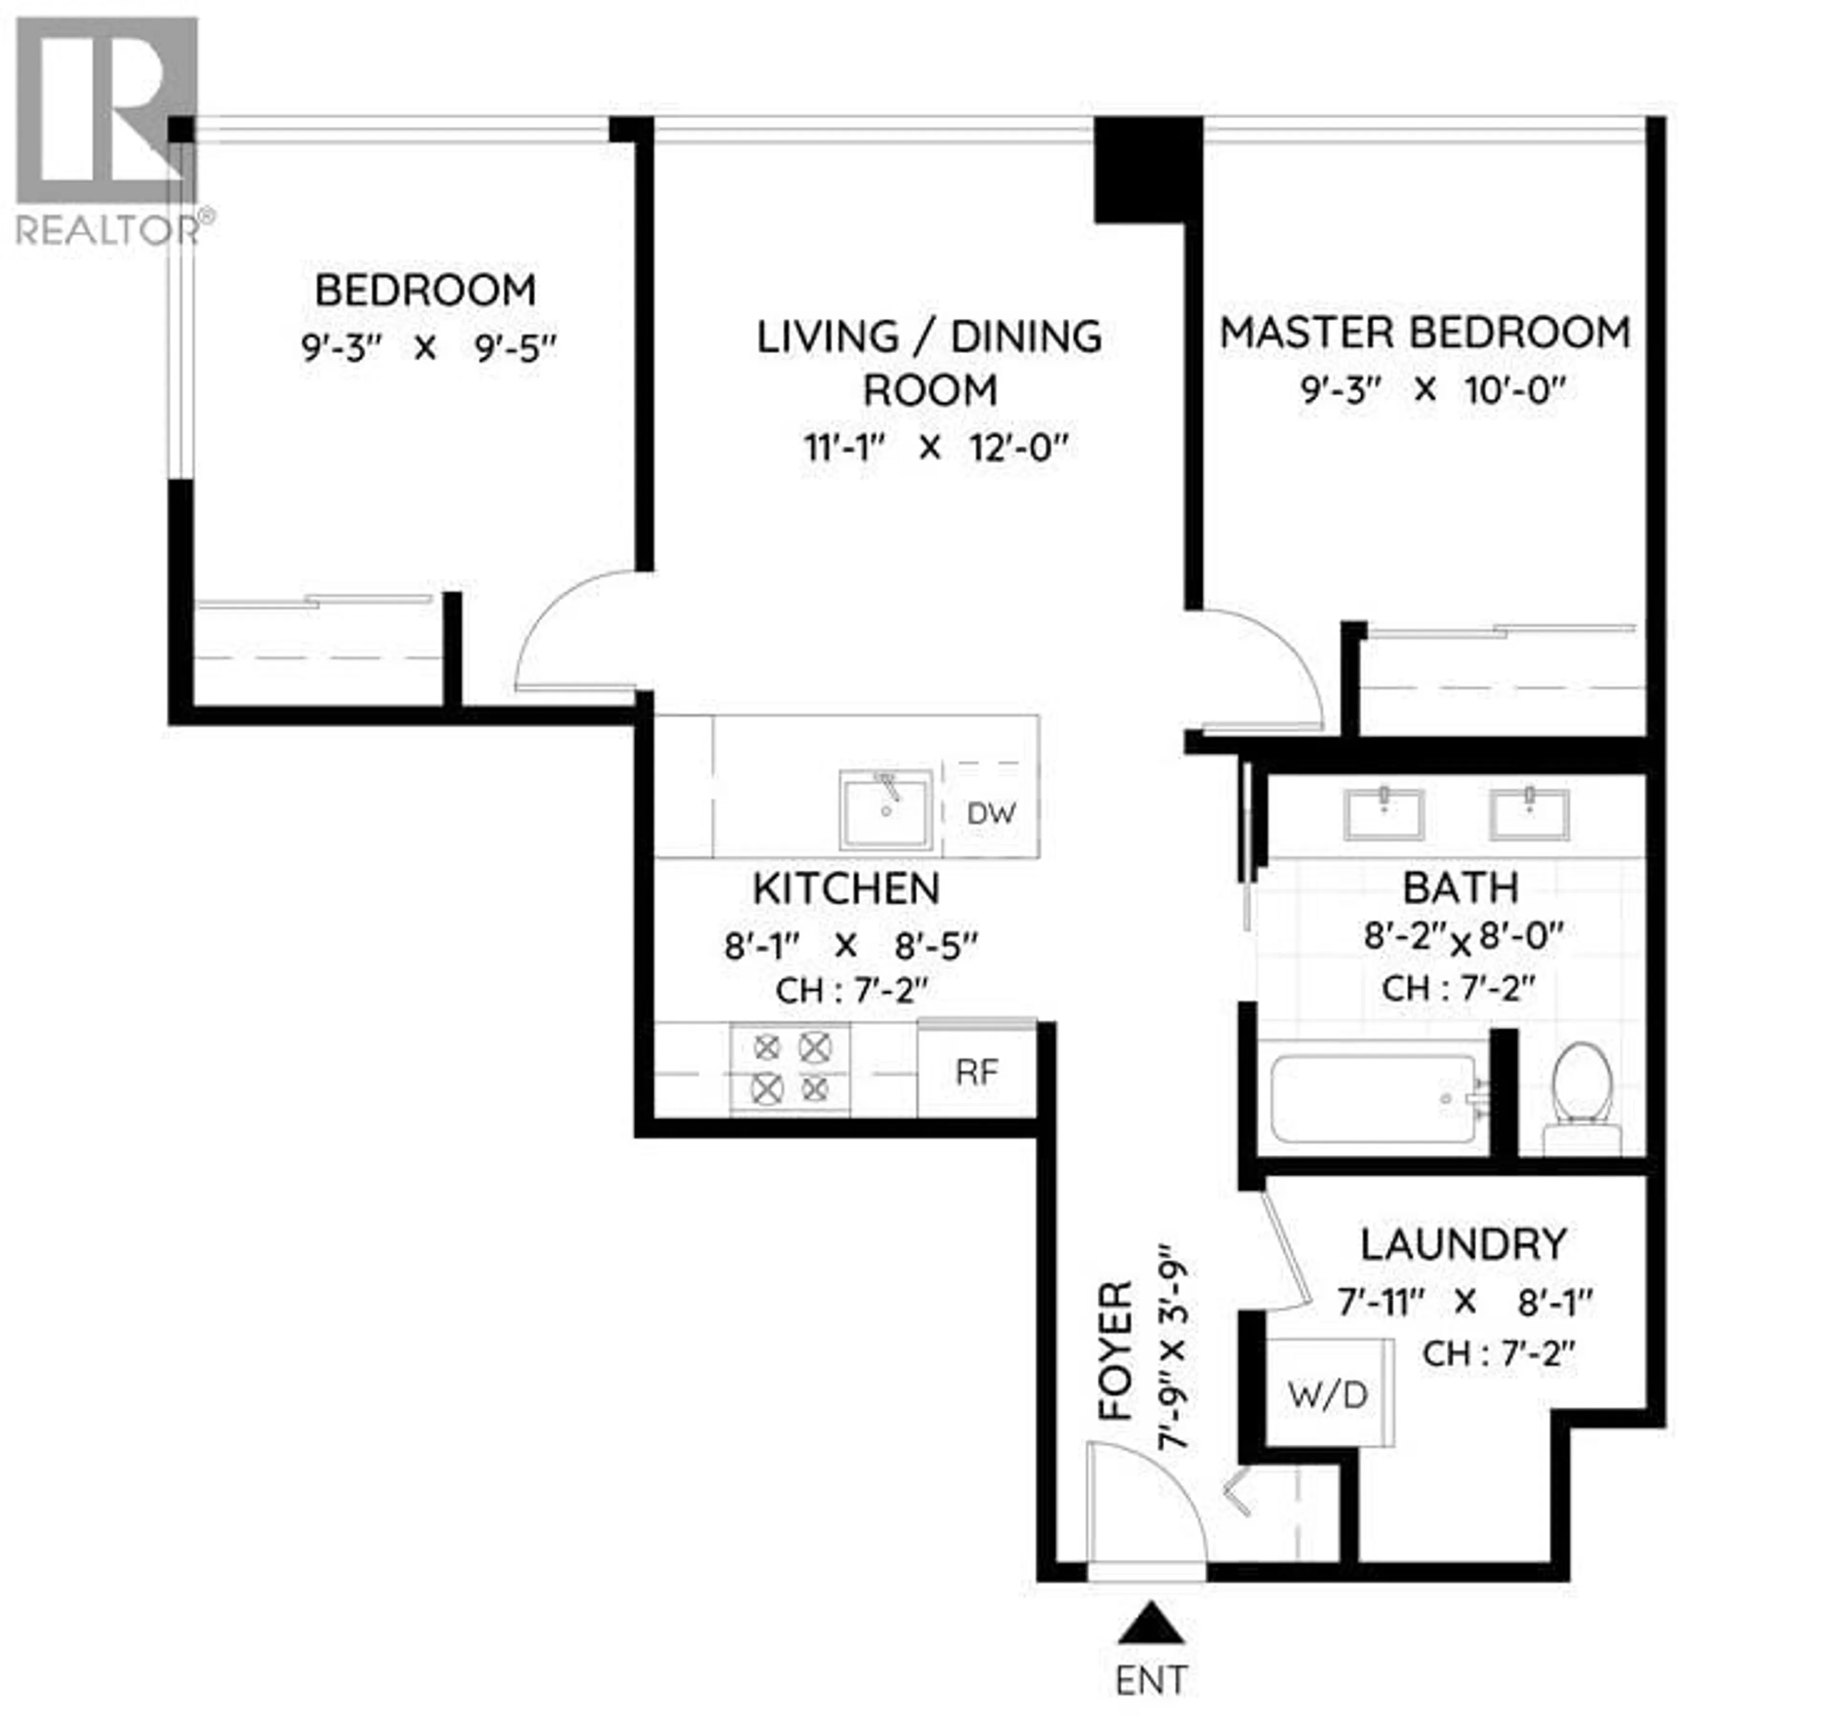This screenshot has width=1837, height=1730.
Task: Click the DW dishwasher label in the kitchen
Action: click(x=991, y=813)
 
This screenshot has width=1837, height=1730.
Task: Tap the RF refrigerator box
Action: click(x=977, y=1072)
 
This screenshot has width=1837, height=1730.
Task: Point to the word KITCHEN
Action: click(x=846, y=889)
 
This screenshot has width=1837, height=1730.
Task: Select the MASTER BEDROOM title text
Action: click(x=1425, y=333)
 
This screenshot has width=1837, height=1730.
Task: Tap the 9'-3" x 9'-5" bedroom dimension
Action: click(x=429, y=348)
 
